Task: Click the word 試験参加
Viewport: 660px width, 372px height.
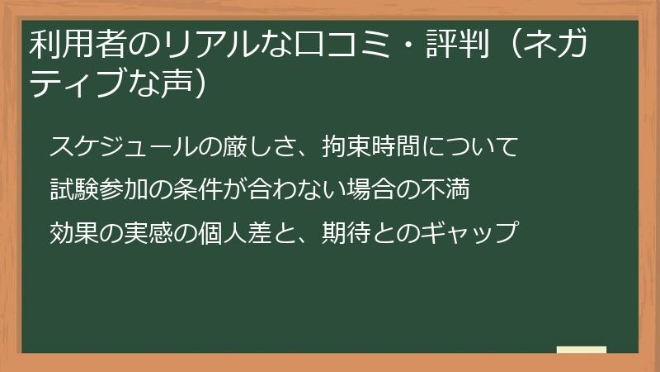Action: click(x=99, y=190)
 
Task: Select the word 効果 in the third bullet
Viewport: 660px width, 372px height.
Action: click(x=74, y=232)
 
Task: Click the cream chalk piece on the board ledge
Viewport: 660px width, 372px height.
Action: click(x=582, y=350)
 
